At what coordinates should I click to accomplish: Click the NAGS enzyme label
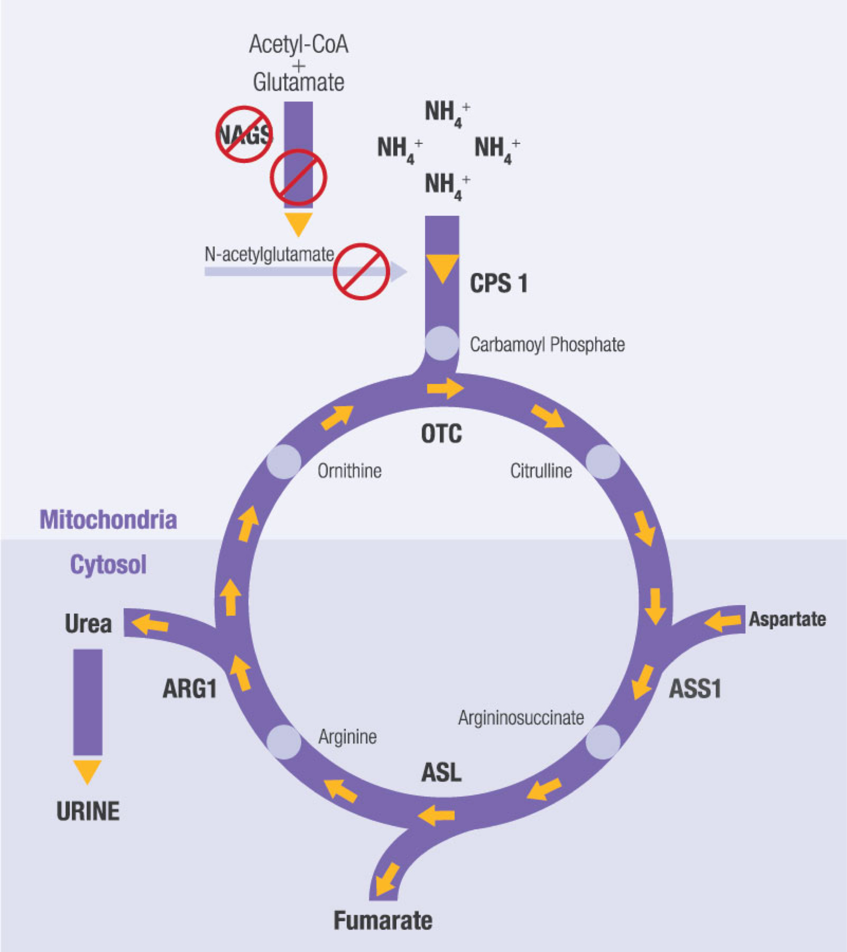245,135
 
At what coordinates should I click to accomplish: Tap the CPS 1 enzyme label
499,284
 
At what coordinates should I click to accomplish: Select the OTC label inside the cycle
441,434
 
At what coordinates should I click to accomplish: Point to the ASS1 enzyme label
695,688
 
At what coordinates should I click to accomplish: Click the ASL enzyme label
441,773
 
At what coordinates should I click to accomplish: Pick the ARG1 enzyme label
190,688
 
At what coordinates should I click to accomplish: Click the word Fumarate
383,921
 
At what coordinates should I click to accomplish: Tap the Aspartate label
787,619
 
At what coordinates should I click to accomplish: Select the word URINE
88,811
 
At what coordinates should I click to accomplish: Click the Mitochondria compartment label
108,520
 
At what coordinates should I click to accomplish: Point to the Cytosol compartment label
108,565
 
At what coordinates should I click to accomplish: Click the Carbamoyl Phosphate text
547,345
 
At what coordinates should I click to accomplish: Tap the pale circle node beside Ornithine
284,462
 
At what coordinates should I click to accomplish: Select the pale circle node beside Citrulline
603,462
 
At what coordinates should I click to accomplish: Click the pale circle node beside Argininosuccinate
603,742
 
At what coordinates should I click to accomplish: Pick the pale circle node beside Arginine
284,742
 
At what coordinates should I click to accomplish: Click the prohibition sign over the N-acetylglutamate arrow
361,271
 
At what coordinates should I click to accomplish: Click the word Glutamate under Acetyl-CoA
299,82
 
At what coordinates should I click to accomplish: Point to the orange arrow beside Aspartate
723,621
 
